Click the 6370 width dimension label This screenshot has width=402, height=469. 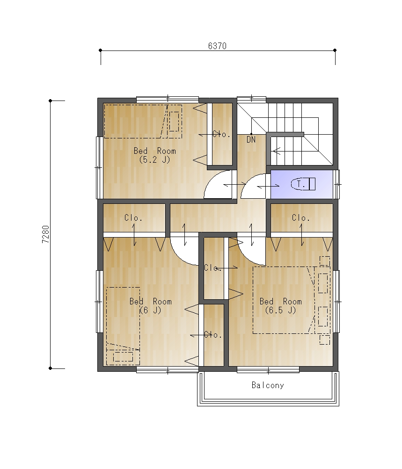[217, 46]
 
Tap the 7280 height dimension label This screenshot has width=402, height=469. [45, 234]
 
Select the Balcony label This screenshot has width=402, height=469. [268, 385]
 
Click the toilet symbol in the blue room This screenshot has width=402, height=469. [303, 184]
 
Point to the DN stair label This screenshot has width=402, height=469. [251, 139]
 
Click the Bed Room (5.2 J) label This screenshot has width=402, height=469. [155, 155]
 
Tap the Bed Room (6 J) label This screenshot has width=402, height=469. [151, 305]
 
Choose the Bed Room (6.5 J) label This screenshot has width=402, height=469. [281, 305]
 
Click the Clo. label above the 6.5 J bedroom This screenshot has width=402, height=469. [301, 218]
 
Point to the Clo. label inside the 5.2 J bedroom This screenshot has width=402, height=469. [221, 134]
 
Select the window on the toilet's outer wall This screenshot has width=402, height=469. [337, 184]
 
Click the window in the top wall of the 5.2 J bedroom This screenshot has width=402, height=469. [168, 99]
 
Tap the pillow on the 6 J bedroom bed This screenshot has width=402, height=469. [123, 357]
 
